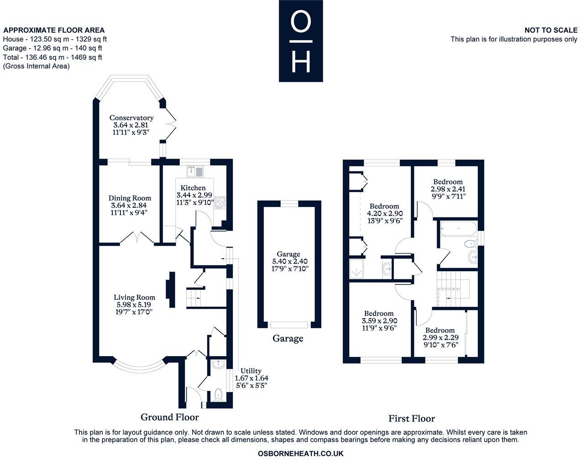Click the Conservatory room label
tap(131, 118)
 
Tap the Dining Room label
tap(130, 198)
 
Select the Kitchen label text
tap(193, 188)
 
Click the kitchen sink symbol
tap(195, 171)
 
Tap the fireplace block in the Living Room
tap(172, 290)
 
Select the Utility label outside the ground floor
tap(251, 371)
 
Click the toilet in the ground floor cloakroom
tap(218, 394)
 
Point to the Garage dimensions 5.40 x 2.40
tap(288, 262)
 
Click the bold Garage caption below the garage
tap(288, 338)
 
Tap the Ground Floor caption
tap(170, 417)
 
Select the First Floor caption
tap(412, 418)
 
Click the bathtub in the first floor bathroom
tap(458, 230)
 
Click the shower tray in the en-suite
tap(356, 269)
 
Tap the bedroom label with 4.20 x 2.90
tap(384, 206)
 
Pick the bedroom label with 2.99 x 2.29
tap(440, 331)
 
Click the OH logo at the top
tap(301, 41)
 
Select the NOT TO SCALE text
tap(550, 30)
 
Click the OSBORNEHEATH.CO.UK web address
tap(300, 453)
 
